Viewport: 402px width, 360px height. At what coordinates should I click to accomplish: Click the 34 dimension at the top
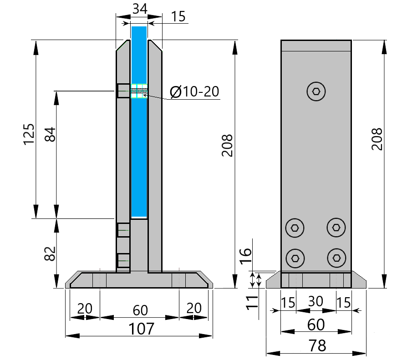click(x=139, y=8)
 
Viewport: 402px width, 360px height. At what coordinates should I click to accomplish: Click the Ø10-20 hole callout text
click(x=194, y=92)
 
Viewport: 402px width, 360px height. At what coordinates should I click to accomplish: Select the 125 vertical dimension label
click(x=29, y=134)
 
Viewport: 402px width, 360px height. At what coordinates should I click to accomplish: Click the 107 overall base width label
click(x=140, y=328)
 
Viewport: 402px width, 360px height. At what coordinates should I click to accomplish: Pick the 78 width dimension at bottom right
click(x=316, y=345)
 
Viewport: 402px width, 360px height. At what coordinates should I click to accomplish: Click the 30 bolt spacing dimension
click(x=316, y=302)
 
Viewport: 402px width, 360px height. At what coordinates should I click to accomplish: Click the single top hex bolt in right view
click(x=316, y=91)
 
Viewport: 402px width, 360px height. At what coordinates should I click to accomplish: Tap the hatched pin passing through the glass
click(x=139, y=91)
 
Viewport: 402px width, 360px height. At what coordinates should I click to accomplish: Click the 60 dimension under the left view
click(x=140, y=310)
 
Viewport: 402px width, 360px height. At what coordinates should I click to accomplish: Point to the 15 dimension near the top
click(x=178, y=17)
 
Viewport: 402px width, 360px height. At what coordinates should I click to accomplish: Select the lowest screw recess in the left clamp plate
click(x=123, y=260)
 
